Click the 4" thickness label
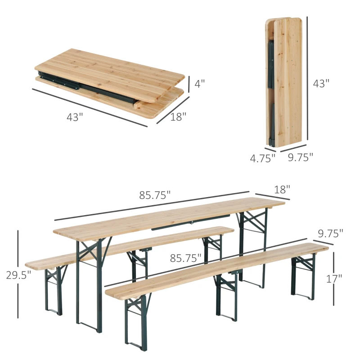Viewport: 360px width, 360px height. tap(200, 83)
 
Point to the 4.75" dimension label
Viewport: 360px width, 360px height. tap(262, 158)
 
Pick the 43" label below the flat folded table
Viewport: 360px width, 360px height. tap(75, 117)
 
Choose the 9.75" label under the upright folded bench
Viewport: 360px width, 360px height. tap(300, 157)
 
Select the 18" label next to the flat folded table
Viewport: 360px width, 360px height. tap(178, 117)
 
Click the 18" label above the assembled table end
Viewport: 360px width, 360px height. tap(282, 189)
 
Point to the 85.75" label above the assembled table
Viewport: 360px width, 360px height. tap(155, 195)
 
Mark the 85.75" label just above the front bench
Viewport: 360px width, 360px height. tap(185, 258)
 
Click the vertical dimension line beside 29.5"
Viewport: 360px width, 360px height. tap(18, 252)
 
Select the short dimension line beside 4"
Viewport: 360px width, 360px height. tap(189, 83)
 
